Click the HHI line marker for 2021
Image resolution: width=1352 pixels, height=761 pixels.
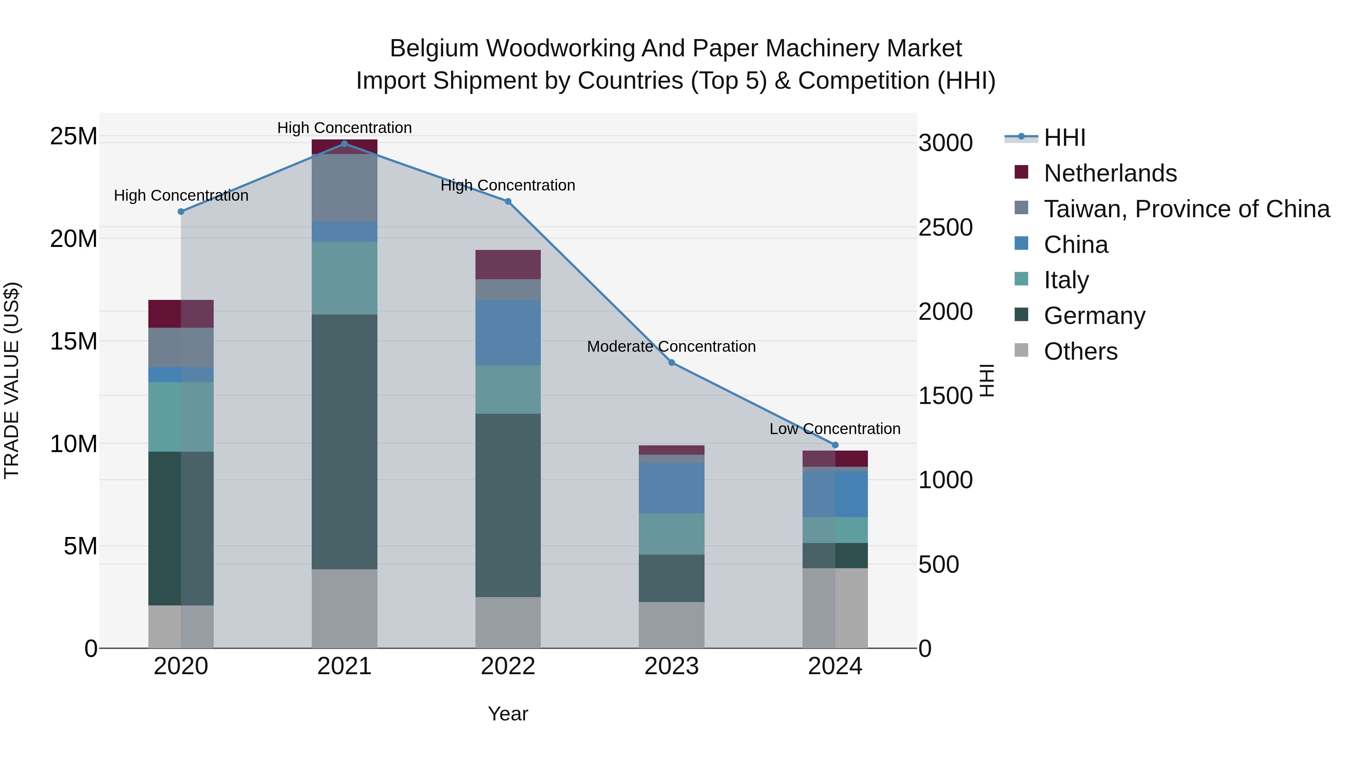[x=344, y=144]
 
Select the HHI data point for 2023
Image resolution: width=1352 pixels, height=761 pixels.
[x=671, y=362]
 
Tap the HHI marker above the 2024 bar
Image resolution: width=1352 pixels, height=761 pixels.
[x=835, y=445]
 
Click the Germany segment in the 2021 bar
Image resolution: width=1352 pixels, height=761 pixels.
[x=344, y=441]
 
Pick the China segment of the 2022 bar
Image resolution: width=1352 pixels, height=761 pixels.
[x=507, y=333]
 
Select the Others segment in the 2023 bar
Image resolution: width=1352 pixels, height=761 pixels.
[x=671, y=625]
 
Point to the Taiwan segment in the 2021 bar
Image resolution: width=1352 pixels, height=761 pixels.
[x=344, y=188]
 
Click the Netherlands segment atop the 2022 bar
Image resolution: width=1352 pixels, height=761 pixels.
[x=507, y=264]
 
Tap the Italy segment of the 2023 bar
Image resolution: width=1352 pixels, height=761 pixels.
[x=671, y=534]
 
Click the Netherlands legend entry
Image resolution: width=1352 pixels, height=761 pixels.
[x=1110, y=173]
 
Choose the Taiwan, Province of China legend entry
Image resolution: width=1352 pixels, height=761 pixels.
[x=1186, y=209]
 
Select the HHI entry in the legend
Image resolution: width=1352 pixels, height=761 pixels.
[x=1064, y=138]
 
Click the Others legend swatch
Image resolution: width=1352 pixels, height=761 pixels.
[x=1022, y=350]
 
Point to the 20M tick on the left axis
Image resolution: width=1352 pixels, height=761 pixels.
[x=74, y=239]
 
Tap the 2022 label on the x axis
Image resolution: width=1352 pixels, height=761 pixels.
[x=507, y=666]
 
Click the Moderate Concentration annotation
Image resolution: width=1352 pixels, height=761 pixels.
[x=671, y=346]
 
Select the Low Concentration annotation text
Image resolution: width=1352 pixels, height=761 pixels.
[x=834, y=429]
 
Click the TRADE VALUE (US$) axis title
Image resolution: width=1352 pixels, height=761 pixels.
[x=12, y=380]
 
